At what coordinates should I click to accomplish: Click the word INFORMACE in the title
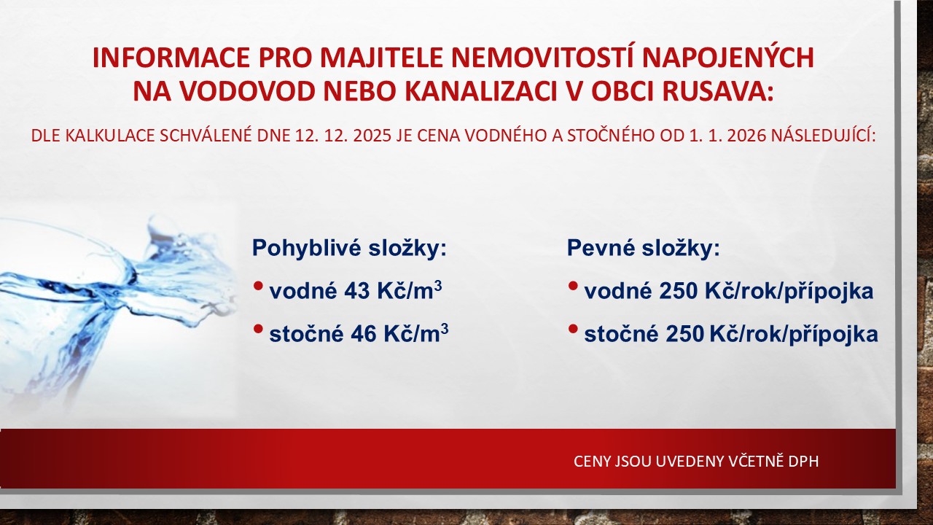[x=171, y=58]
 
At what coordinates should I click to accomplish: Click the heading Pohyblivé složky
[x=349, y=249]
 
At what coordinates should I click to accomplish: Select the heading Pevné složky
[x=643, y=249]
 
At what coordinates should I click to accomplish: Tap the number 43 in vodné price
[x=356, y=291]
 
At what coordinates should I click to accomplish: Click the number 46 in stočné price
[x=364, y=334]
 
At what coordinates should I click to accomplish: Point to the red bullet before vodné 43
[x=258, y=287]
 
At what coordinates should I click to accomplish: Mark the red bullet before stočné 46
[x=258, y=329]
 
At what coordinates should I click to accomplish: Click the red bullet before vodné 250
[x=573, y=287]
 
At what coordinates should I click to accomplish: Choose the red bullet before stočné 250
[x=573, y=329]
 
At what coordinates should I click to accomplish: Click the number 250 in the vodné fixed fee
[x=679, y=291]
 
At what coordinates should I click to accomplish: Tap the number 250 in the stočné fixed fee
[x=684, y=334]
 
